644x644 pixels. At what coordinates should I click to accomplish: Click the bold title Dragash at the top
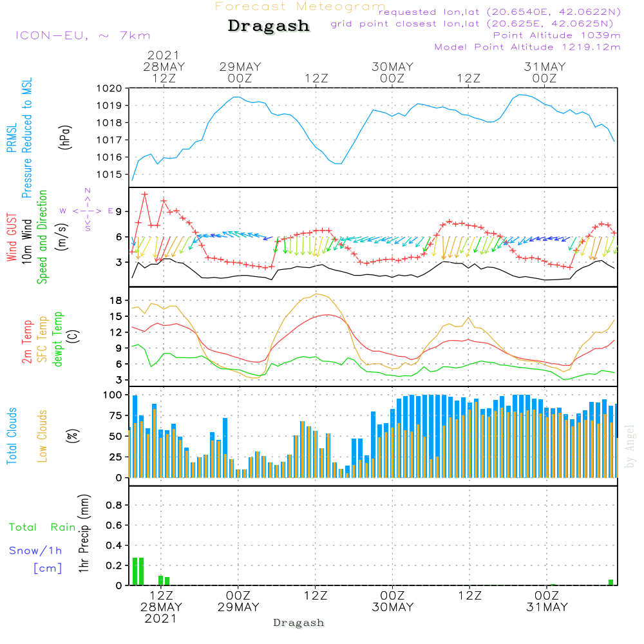pos(269,26)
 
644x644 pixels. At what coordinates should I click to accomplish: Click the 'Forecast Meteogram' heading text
pos(300,7)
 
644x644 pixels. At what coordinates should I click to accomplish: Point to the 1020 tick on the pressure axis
pos(108,88)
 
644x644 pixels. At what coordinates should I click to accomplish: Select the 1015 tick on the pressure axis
pos(108,175)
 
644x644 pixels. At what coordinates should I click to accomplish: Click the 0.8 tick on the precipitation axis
pos(115,506)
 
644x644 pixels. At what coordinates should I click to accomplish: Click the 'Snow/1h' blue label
pos(35,551)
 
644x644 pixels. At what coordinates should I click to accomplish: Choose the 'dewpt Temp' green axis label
pos(59,339)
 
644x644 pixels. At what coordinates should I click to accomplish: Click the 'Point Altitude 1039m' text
pos(556,35)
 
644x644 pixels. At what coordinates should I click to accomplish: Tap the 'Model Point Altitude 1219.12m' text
pos(527,47)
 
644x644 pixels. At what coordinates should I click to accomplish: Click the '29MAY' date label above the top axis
pos(240,67)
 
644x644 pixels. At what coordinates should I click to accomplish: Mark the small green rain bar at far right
pos(611,582)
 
